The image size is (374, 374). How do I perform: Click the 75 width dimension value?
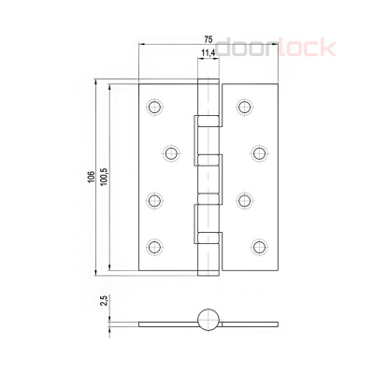[x=209, y=39]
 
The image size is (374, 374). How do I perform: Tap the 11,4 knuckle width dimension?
[x=208, y=53]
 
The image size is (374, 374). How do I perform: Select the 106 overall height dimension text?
[x=91, y=177]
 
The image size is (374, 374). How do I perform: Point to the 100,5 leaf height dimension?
[x=104, y=177]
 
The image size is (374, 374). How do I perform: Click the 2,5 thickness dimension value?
[x=105, y=301]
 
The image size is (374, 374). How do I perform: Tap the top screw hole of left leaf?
[x=154, y=107]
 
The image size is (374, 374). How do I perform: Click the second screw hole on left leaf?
[x=171, y=153]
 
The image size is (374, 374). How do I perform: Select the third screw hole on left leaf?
[x=154, y=200]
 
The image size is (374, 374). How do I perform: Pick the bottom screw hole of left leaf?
[x=154, y=247]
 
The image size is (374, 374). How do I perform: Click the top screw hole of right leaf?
[x=245, y=107]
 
